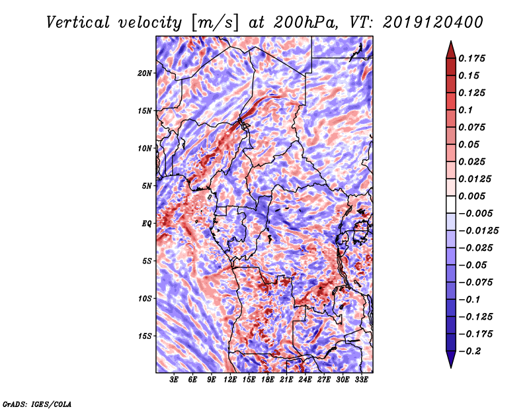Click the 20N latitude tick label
pos(145,73)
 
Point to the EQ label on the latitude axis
pos(147,224)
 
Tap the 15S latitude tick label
pos(145,336)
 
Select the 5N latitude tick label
pos(147,186)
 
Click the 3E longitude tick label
pos(174,380)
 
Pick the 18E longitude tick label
pos(268,380)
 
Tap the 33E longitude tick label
pos(361,380)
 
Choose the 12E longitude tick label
pos(230,380)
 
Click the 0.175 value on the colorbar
pos(471,58)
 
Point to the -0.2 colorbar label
pos(469,351)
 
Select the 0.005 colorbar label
pos(471,196)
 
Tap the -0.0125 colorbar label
pos(478,231)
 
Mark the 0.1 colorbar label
pos(466,110)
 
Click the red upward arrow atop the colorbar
pos(451,50)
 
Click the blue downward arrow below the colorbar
pos(451,359)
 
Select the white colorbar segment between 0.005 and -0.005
pos(451,204)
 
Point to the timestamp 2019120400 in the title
pos(433,23)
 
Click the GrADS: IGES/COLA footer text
pos(37,404)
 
